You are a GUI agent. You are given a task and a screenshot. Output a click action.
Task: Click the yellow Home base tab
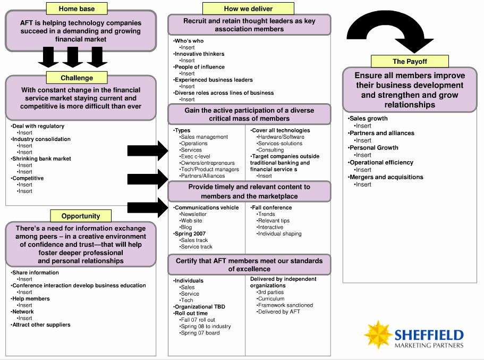point(77,9)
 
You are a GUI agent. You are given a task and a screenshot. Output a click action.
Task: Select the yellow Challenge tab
point(77,78)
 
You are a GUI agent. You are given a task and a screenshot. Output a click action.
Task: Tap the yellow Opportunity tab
point(81,216)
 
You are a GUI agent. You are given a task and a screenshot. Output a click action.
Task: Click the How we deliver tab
point(248,9)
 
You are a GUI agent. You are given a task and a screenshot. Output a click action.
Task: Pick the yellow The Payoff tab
point(410,61)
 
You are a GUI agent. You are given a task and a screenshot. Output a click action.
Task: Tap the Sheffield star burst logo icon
point(378,334)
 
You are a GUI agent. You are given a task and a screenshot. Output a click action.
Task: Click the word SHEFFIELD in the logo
point(429,335)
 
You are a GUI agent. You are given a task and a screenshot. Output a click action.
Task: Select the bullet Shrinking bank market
point(41,158)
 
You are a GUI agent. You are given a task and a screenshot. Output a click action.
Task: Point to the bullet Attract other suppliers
point(41,325)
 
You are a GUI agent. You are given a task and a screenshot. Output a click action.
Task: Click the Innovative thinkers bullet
point(199,54)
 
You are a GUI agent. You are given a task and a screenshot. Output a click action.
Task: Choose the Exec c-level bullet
point(195,156)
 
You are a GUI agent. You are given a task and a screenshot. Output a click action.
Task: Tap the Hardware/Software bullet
point(281,137)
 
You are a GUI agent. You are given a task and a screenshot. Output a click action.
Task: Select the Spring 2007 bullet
point(189,233)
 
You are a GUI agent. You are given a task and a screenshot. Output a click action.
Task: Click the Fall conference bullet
point(271,208)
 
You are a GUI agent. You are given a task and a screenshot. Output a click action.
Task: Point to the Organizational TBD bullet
point(199,306)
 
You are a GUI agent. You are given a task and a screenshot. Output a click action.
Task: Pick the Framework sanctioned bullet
point(285,305)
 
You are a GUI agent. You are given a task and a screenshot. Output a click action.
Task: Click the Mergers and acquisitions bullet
point(386,177)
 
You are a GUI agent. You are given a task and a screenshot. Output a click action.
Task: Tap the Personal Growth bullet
point(373,148)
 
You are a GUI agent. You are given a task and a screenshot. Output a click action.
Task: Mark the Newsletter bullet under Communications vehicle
point(193,214)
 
